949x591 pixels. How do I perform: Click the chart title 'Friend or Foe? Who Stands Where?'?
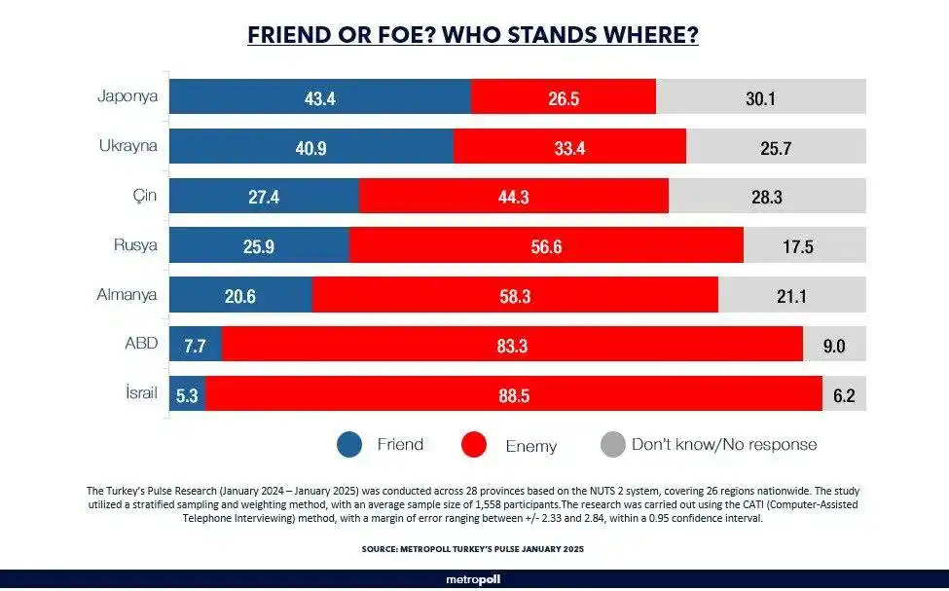tap(473, 35)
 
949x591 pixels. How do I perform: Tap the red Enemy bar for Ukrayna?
tap(569, 147)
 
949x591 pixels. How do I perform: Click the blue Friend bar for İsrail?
tap(188, 395)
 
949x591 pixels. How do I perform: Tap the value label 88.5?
tap(513, 395)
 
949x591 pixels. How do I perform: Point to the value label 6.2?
tap(844, 395)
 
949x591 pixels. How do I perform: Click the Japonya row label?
tap(127, 96)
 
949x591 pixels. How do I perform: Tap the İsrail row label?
tap(135, 394)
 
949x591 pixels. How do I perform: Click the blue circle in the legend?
tap(349, 445)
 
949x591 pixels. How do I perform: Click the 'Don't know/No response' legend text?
tap(723, 445)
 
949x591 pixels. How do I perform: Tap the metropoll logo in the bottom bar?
tap(473, 579)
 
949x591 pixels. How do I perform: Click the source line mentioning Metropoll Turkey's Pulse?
tap(473, 549)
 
